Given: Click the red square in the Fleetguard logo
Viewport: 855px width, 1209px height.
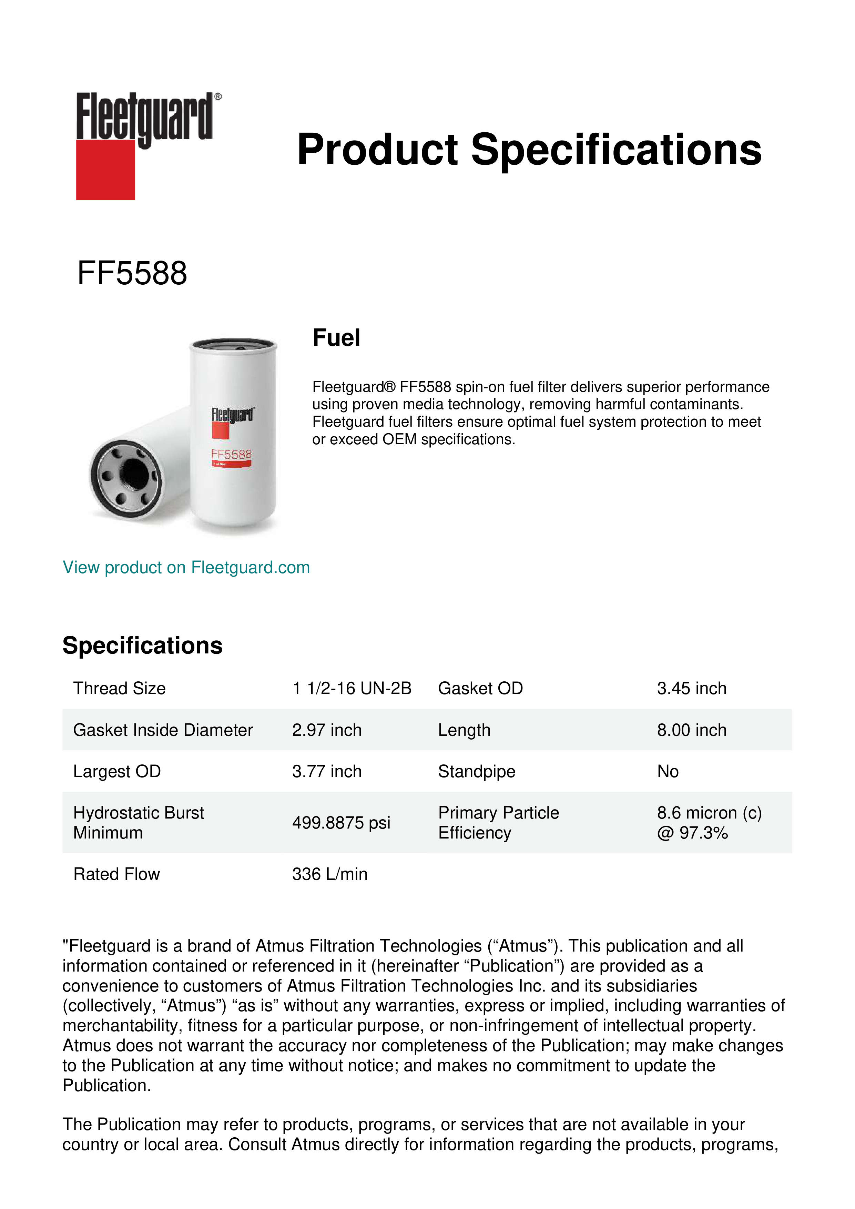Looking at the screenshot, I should pyautogui.click(x=105, y=170).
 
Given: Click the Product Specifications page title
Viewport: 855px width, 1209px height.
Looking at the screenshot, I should pyautogui.click(x=529, y=150).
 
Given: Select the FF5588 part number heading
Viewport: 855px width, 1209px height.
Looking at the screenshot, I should pyautogui.click(x=132, y=273).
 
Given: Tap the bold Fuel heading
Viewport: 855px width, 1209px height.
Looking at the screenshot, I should pyautogui.click(x=336, y=337).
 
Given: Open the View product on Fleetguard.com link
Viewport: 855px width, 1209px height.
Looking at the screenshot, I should pyautogui.click(x=186, y=568).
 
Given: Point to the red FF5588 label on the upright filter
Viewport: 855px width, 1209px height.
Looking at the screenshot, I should pyautogui.click(x=232, y=454).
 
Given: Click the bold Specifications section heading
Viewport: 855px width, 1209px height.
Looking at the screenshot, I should pyautogui.click(x=142, y=646).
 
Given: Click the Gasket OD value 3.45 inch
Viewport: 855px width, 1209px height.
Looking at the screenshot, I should pyautogui.click(x=691, y=688).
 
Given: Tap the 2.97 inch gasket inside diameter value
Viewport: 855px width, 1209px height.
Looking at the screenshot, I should pyautogui.click(x=326, y=730).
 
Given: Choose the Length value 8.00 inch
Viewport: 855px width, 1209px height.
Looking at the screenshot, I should pyautogui.click(x=691, y=730).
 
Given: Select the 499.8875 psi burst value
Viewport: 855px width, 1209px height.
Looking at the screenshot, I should pyautogui.click(x=341, y=823).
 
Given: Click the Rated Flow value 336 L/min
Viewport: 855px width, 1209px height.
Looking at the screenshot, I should pyautogui.click(x=329, y=874).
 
